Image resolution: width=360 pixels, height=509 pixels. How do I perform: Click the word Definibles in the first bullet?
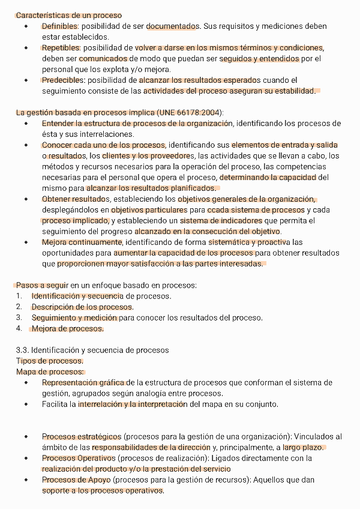(x=59, y=26)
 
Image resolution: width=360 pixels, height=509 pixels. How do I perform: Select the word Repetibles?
(x=61, y=47)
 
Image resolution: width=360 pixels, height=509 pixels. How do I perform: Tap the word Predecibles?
(x=62, y=80)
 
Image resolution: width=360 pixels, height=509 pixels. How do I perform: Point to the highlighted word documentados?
(x=173, y=26)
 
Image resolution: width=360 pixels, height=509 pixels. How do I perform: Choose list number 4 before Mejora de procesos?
(x=19, y=328)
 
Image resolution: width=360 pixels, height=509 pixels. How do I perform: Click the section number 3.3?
(x=22, y=350)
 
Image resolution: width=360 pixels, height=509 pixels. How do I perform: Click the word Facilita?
(x=55, y=404)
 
